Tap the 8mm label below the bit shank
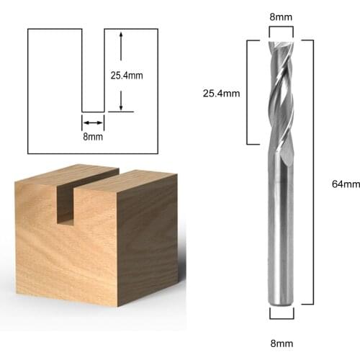(281, 343)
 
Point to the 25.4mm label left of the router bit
(221, 93)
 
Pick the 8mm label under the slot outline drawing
(92, 136)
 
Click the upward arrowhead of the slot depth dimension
(121, 35)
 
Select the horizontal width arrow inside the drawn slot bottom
(93, 122)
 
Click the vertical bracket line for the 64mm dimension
(312, 173)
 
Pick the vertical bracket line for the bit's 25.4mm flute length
(248, 92)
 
